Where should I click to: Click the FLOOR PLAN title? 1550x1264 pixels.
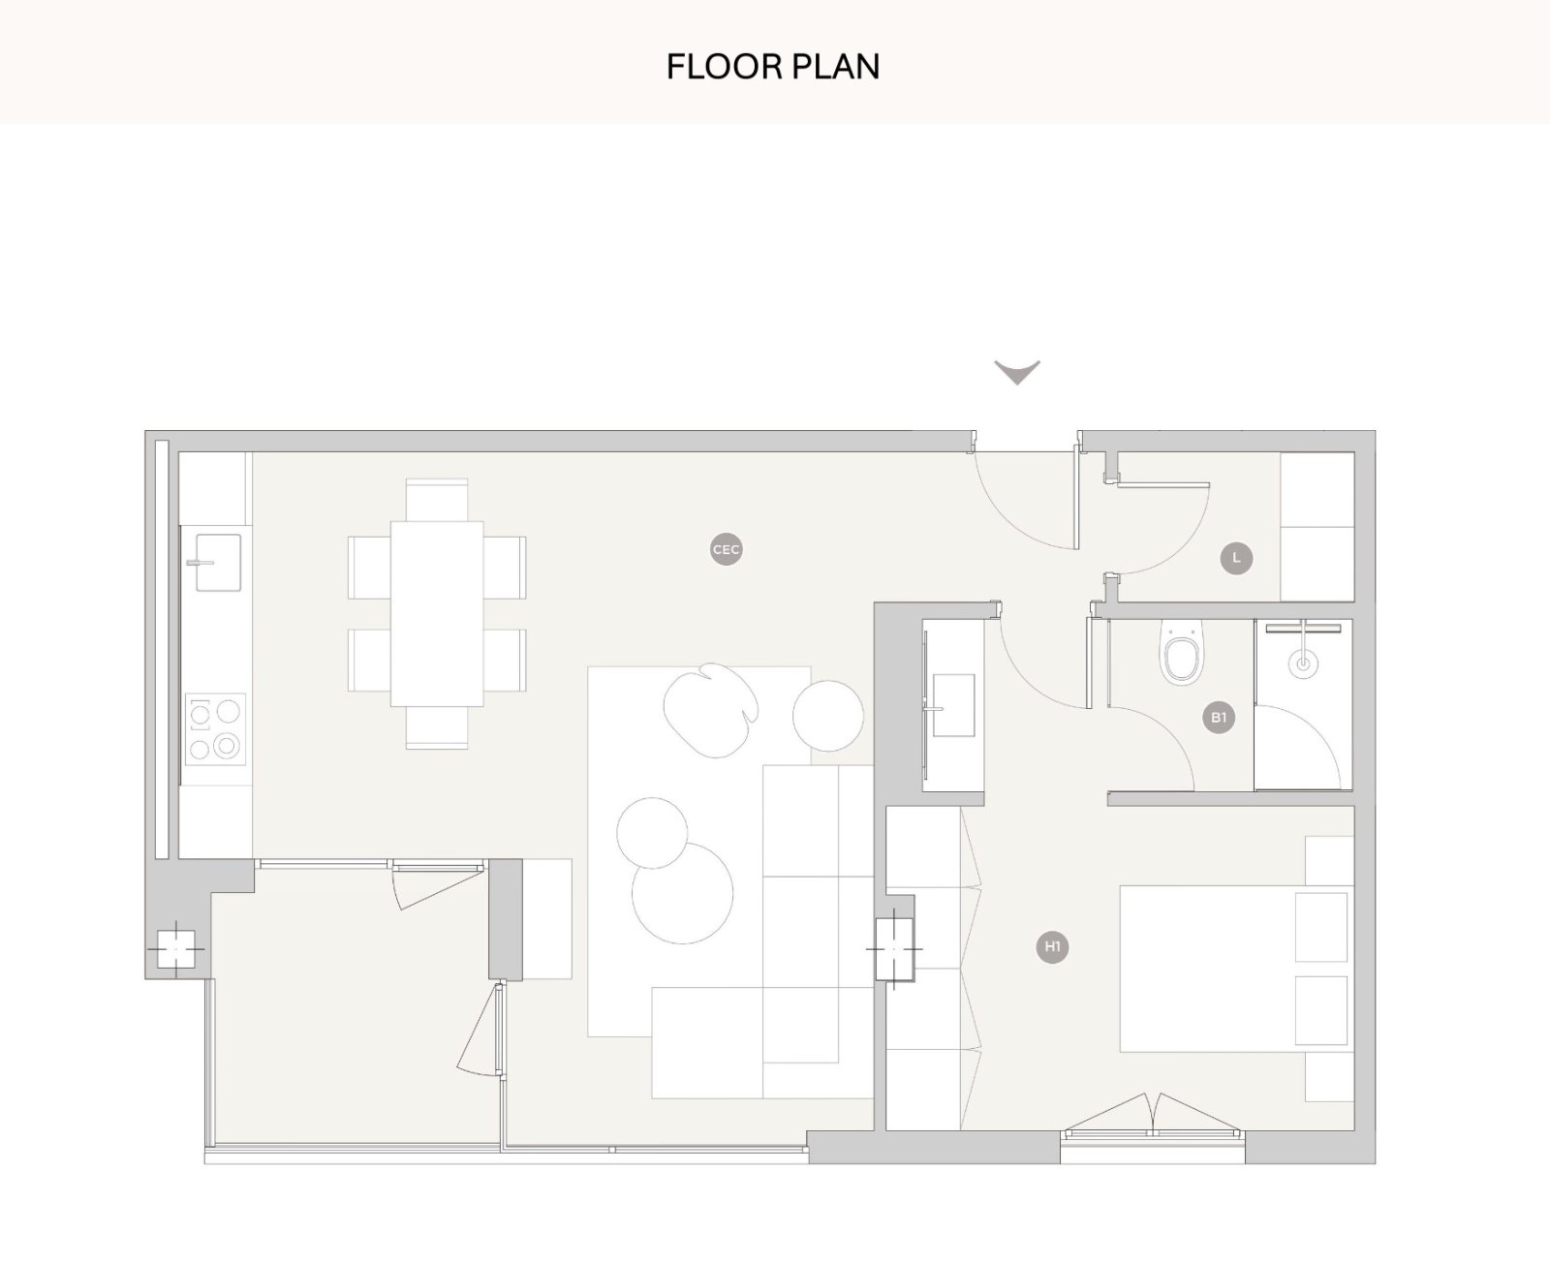pos(772,67)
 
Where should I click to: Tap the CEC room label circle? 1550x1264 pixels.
pos(726,550)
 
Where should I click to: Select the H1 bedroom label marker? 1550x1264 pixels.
pos(1052,946)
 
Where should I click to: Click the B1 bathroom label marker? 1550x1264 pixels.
pos(1219,718)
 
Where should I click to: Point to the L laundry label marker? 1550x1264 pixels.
pos(1236,558)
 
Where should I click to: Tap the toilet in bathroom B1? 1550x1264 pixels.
pos(1181,653)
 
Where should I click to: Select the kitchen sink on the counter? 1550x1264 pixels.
pos(217,562)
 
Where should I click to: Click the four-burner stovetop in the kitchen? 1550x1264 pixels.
pos(215,729)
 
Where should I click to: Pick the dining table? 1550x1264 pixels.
pos(437,614)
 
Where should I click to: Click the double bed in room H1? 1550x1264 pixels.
pos(1236,969)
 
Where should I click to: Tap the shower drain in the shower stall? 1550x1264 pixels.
pos(1303,664)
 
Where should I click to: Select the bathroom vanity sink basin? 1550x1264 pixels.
pos(952,705)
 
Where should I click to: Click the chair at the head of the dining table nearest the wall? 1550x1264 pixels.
pos(437,500)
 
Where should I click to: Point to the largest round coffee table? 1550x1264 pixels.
pos(682,893)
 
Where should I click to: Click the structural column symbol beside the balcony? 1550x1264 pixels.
pos(175,949)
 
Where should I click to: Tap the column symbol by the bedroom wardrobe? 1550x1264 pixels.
pos(894,949)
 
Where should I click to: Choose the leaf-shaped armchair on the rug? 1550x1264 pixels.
pos(711,709)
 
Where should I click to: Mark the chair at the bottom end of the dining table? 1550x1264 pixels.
pos(437,727)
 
